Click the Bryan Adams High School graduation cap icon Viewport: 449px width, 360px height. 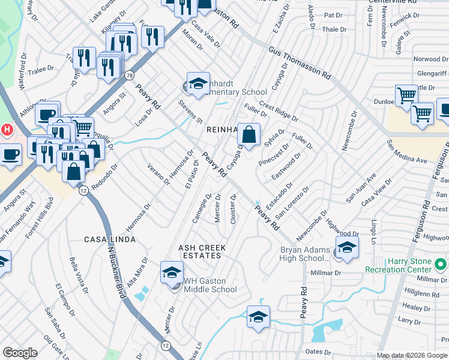(x=347, y=248)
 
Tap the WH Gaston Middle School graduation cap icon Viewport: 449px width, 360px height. (x=172, y=273)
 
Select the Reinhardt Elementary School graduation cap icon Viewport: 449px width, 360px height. (x=198, y=84)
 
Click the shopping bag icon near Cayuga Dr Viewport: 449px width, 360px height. (x=249, y=134)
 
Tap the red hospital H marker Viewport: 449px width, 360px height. (x=7, y=129)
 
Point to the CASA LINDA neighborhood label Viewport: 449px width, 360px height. (x=109, y=239)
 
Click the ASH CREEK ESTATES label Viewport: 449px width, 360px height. (x=200, y=251)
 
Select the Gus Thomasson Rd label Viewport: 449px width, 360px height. (x=300, y=63)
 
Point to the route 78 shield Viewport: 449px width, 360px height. (x=129, y=75)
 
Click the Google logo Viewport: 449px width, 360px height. (x=20, y=353)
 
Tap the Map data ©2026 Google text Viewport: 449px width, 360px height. (x=412, y=355)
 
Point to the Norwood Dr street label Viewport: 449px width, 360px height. (x=430, y=59)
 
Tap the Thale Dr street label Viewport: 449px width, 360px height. (x=334, y=29)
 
